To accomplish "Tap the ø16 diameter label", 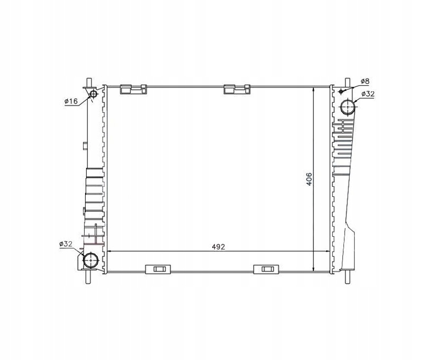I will pyautogui.click(x=71, y=101).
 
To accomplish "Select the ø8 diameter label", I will pyautogui.click(x=365, y=81).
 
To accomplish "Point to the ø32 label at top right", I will pyautogui.click(x=367, y=94).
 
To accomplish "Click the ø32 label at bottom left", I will pyautogui.click(x=66, y=244).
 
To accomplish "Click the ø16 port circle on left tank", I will pyautogui.click(x=93, y=95).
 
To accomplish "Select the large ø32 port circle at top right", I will pyautogui.click(x=348, y=108).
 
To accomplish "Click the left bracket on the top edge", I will pyautogui.click(x=133, y=89).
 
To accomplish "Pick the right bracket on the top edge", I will pyautogui.click(x=236, y=89).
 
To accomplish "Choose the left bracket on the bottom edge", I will pyautogui.click(x=158, y=269).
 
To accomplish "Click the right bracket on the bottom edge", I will pyautogui.click(x=266, y=269).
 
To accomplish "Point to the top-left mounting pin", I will pyautogui.click(x=88, y=83).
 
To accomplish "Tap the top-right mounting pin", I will pyautogui.click(x=348, y=83).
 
